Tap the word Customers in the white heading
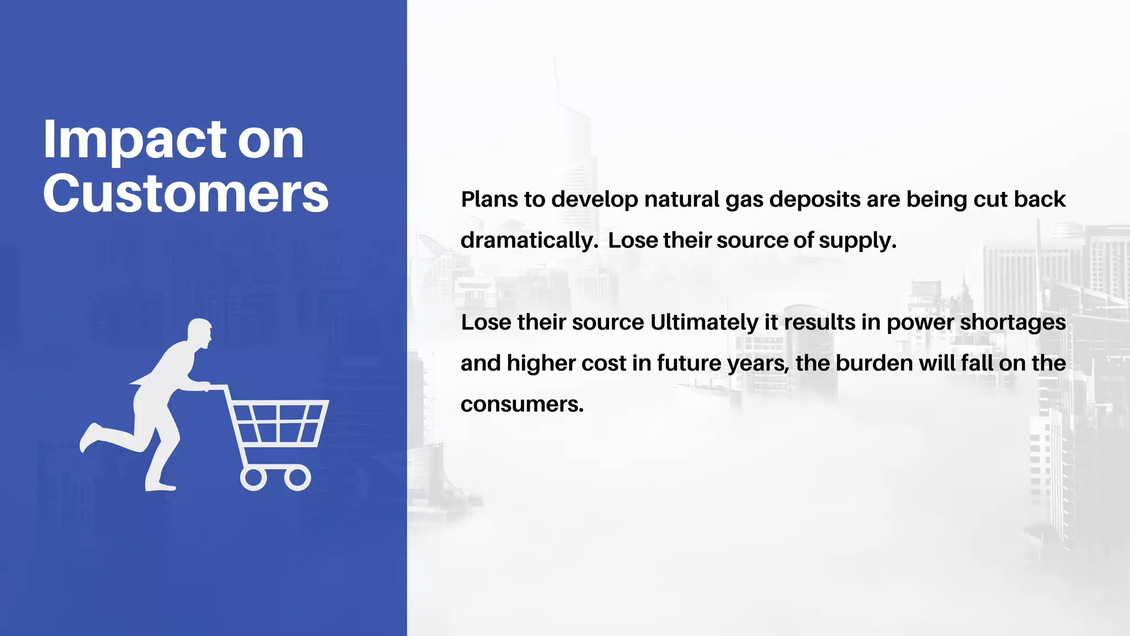coord(186,193)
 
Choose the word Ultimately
coord(704,322)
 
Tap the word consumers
coord(521,404)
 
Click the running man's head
coord(199,332)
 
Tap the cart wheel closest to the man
coord(253,478)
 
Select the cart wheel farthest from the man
coord(297,478)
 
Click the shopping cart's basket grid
coord(278,422)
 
